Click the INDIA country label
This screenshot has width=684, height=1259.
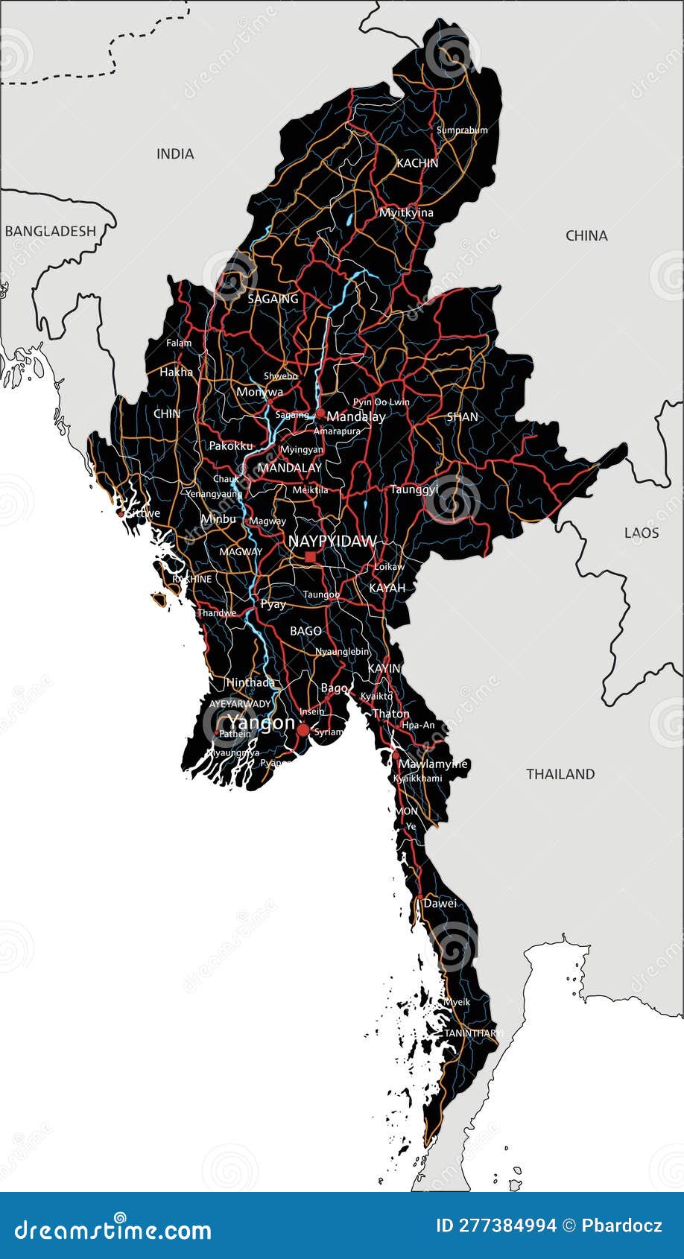tap(175, 154)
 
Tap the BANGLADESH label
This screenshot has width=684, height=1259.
tap(51, 231)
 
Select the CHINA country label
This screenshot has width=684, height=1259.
tap(586, 236)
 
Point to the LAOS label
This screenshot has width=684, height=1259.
tap(642, 533)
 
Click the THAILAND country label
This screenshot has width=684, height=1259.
tap(560, 774)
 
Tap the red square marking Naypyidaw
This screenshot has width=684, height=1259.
tap(310, 556)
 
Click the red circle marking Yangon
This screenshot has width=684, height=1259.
tap(303, 730)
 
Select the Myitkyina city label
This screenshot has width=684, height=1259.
tap(406, 213)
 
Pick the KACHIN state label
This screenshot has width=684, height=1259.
tap(417, 163)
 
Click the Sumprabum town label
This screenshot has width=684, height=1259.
tap(462, 130)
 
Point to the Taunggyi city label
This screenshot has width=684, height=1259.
tap(414, 489)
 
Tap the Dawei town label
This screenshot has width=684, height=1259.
tap(440, 904)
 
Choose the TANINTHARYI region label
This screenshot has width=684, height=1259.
tap(474, 1033)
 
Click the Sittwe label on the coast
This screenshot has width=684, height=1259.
tap(142, 513)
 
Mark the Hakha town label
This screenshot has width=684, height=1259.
tap(176, 372)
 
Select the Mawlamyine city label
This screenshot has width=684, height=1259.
tap(433, 764)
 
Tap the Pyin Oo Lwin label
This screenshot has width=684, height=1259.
tap(381, 402)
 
